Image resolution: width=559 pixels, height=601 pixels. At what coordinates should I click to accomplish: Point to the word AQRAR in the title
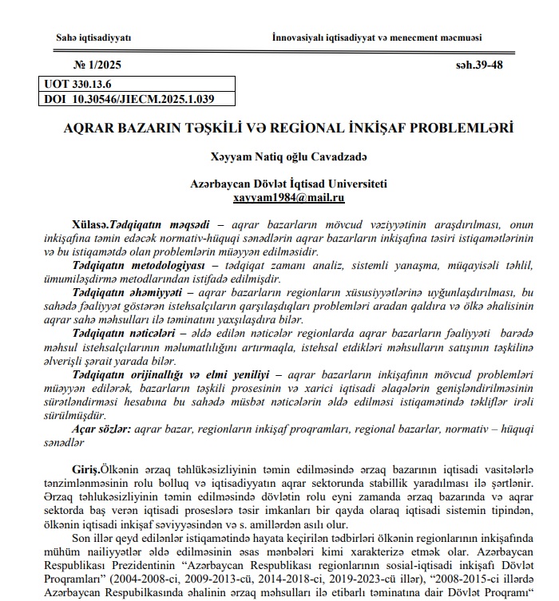[94, 128]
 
